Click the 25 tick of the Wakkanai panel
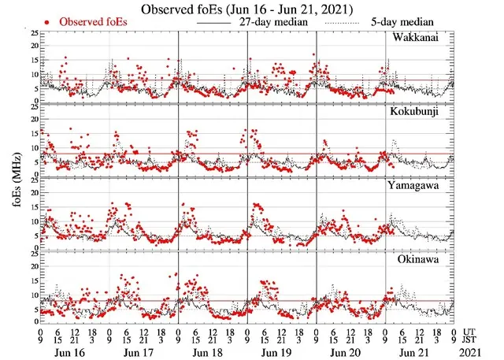[32, 34]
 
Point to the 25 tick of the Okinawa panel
[32, 254]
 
